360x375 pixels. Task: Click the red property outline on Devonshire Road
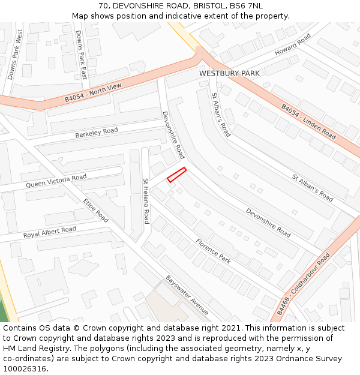tap(176, 175)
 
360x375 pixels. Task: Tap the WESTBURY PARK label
tap(230, 73)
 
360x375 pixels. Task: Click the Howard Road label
tap(293, 45)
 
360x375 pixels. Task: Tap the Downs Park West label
tap(15, 54)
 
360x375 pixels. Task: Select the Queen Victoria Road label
tap(56, 181)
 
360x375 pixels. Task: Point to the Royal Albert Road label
tap(50, 232)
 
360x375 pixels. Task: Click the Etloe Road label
tap(96, 210)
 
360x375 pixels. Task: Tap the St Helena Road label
tap(145, 201)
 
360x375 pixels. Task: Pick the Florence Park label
tap(213, 251)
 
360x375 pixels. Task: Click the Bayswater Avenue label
tap(187, 295)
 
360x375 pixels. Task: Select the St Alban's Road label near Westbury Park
tap(221, 115)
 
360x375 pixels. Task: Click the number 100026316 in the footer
tap(24, 368)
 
